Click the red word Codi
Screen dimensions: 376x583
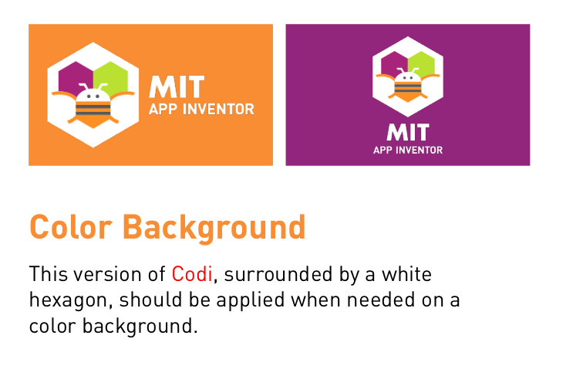pyautogui.click(x=191, y=274)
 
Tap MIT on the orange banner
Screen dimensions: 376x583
pyautogui.click(x=177, y=86)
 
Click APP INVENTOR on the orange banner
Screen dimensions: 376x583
pyautogui.click(x=201, y=110)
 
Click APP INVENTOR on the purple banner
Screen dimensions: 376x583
pyautogui.click(x=408, y=150)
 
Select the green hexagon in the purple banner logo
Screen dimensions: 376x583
pyautogui.click(x=421, y=62)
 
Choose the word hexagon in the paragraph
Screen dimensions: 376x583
pyautogui.click(x=64, y=299)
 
